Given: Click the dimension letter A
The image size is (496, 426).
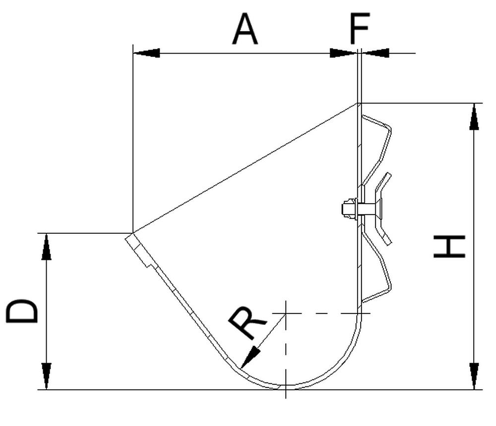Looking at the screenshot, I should click(246, 29).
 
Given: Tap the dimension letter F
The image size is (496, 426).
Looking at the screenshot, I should click(359, 29).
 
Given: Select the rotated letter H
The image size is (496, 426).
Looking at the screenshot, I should click(450, 247).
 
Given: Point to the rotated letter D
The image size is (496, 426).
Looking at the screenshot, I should click(22, 311).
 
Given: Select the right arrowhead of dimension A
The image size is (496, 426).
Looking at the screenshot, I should click(343, 53).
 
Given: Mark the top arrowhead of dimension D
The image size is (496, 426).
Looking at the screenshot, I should click(46, 246).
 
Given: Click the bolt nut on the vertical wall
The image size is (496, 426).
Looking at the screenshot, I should click(348, 209).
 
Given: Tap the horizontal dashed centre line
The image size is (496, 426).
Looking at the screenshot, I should click(322, 313).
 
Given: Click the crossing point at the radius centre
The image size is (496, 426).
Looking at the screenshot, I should click(286, 313).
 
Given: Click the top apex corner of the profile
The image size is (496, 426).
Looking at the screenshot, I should click(357, 103).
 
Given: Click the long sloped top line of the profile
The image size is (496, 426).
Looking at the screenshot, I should click(243, 168).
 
